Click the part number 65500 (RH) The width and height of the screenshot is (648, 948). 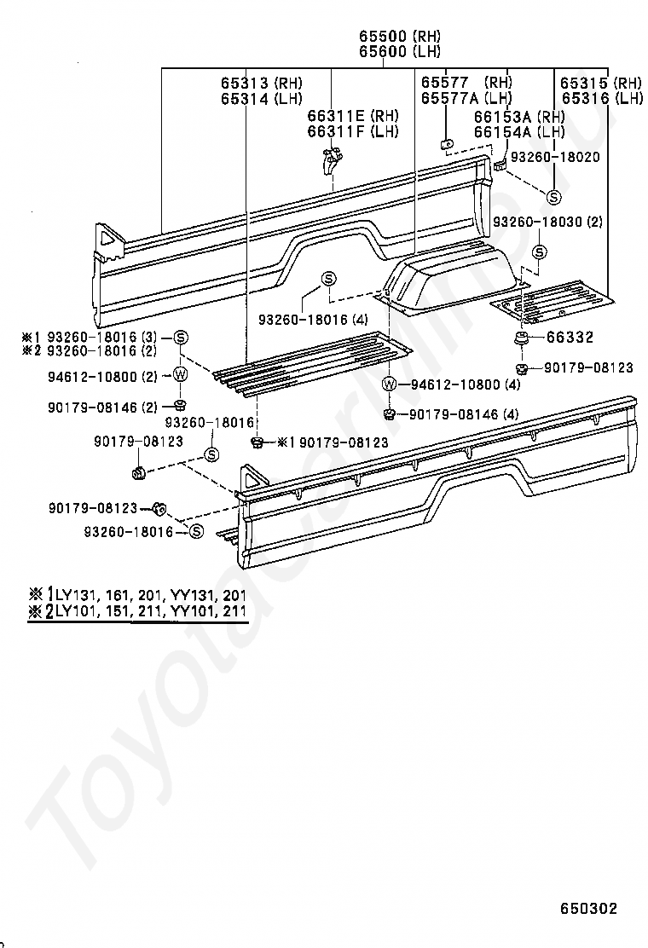click(399, 36)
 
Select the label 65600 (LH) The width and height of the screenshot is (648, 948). click(399, 51)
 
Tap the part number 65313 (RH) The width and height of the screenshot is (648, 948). click(259, 84)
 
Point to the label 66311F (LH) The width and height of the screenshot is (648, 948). click(353, 131)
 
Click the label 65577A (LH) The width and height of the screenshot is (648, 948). click(466, 99)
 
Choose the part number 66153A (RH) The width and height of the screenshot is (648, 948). click(519, 116)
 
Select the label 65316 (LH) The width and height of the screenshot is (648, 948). click(600, 99)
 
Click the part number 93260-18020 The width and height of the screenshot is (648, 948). click(559, 157)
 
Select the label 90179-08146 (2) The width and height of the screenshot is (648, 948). click(102, 408)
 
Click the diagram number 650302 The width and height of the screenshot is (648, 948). click(588, 909)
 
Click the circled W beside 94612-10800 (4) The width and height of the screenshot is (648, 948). click(390, 384)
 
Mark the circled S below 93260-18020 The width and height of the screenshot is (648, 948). click(553, 196)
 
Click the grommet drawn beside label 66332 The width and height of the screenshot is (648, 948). click(520, 340)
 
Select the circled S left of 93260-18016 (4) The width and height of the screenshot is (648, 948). click(329, 279)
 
